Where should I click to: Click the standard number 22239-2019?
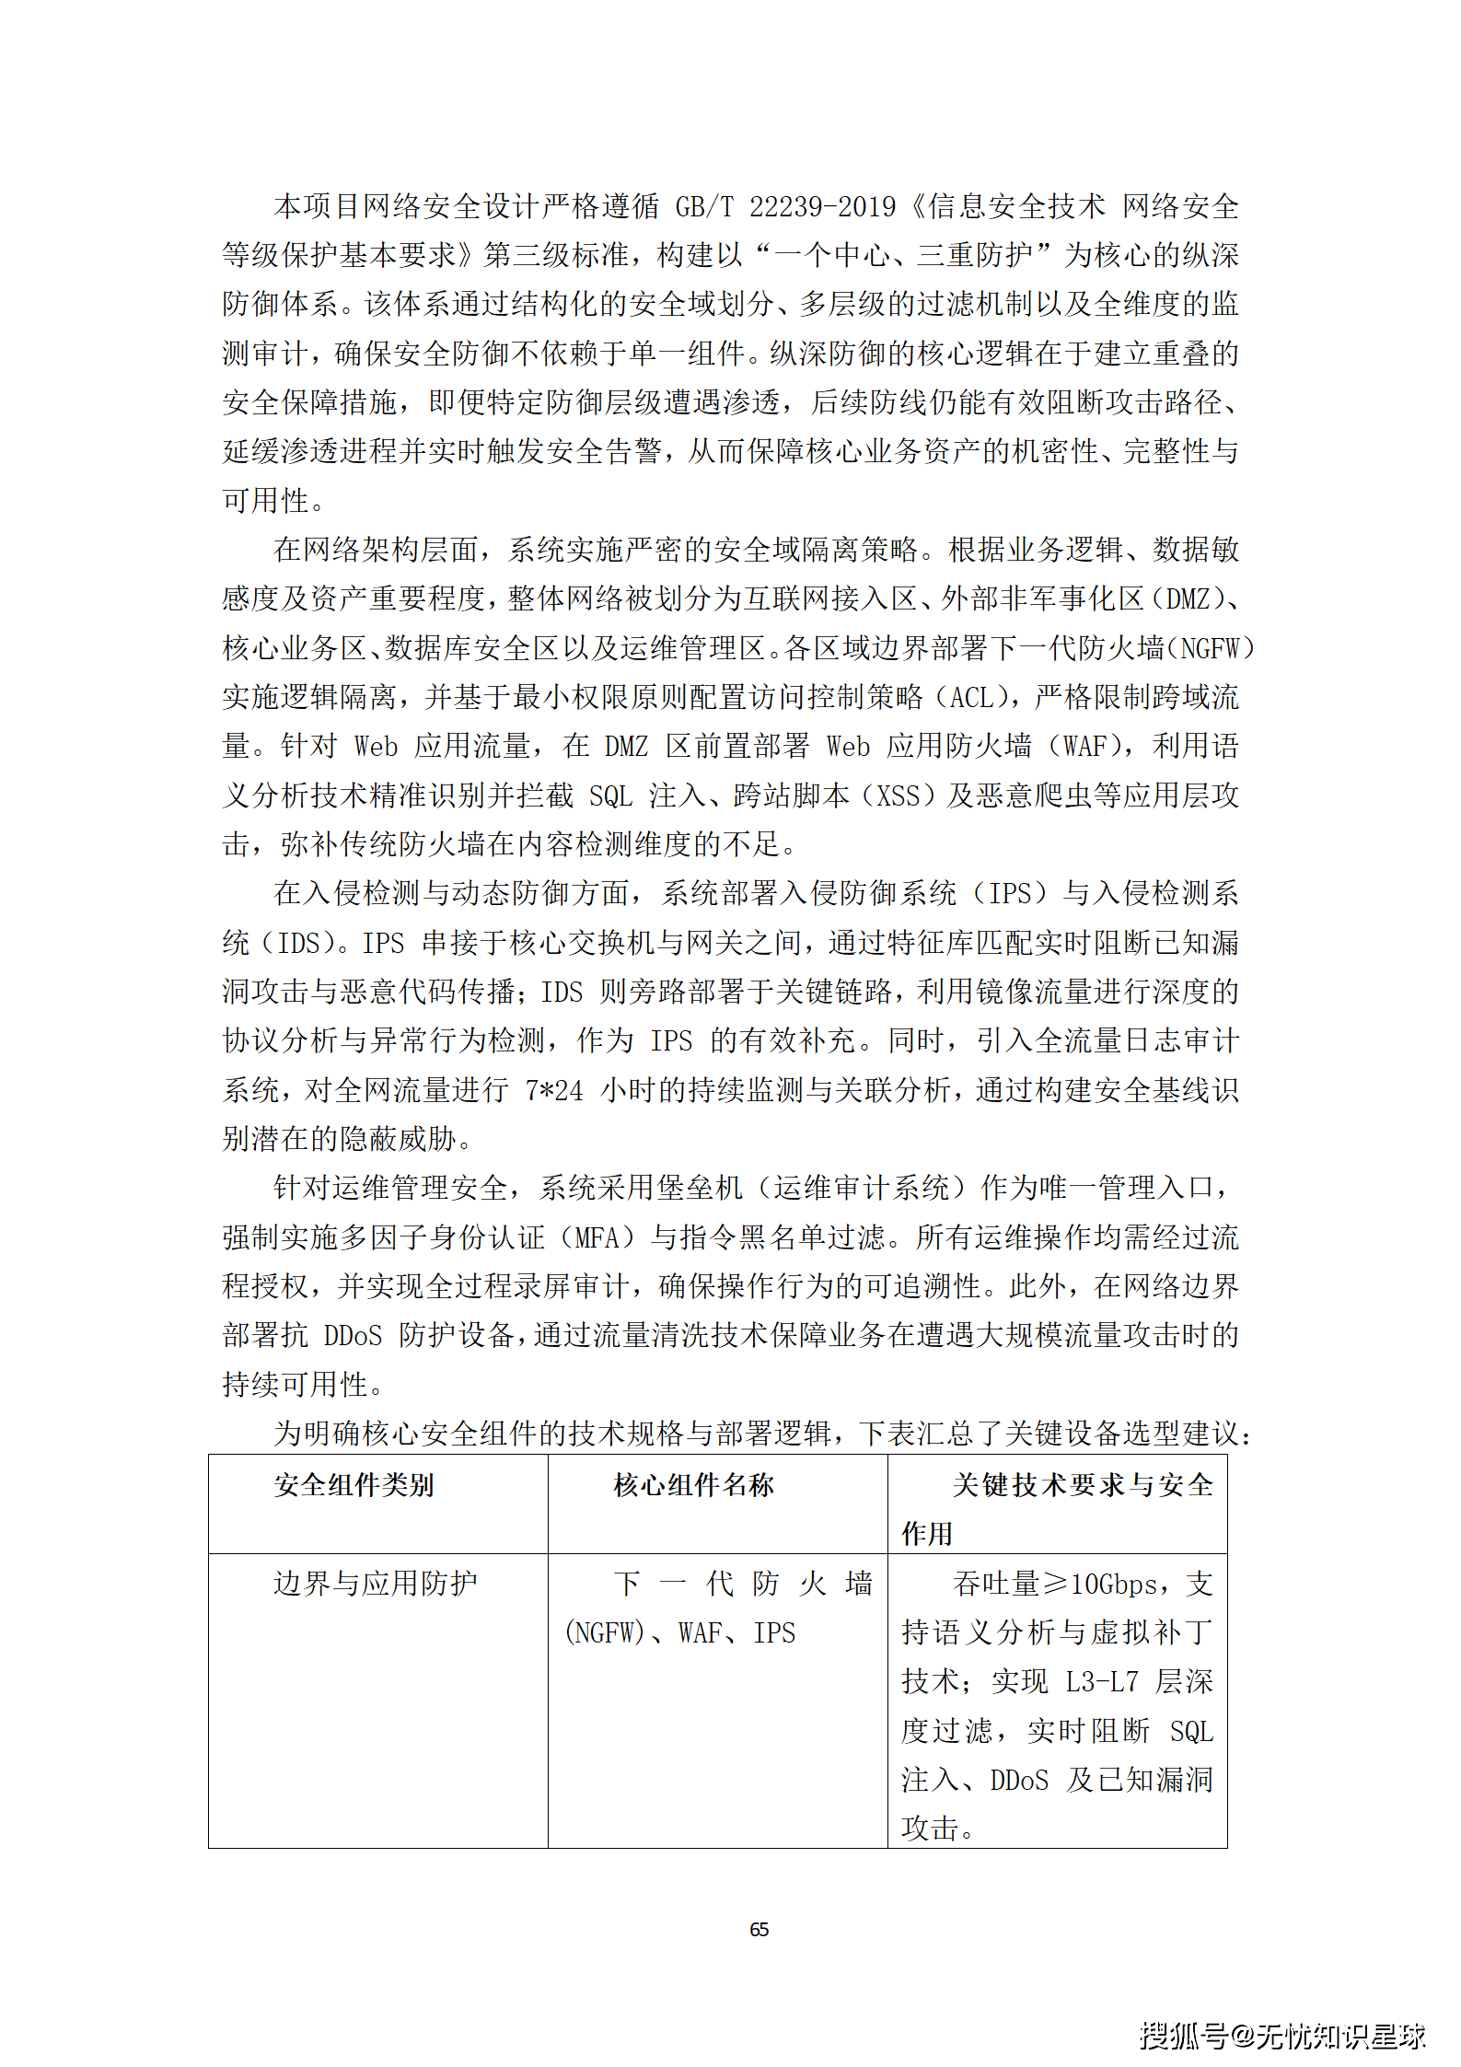click(x=822, y=206)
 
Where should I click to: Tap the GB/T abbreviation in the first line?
click(x=704, y=206)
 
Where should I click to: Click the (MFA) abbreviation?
click(x=598, y=1237)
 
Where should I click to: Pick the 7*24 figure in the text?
click(x=554, y=1090)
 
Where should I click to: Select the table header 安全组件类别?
click(x=354, y=1484)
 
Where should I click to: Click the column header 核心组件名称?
click(x=694, y=1484)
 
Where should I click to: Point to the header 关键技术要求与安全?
click(x=1083, y=1484)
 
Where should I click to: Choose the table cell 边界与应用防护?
click(x=376, y=1584)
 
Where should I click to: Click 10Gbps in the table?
click(x=1114, y=1585)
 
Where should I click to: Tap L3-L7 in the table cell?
click(x=1102, y=1682)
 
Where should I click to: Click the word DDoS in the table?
click(x=1019, y=1781)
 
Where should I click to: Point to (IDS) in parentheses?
click(x=300, y=943)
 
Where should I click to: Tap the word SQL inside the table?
click(x=1191, y=1732)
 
